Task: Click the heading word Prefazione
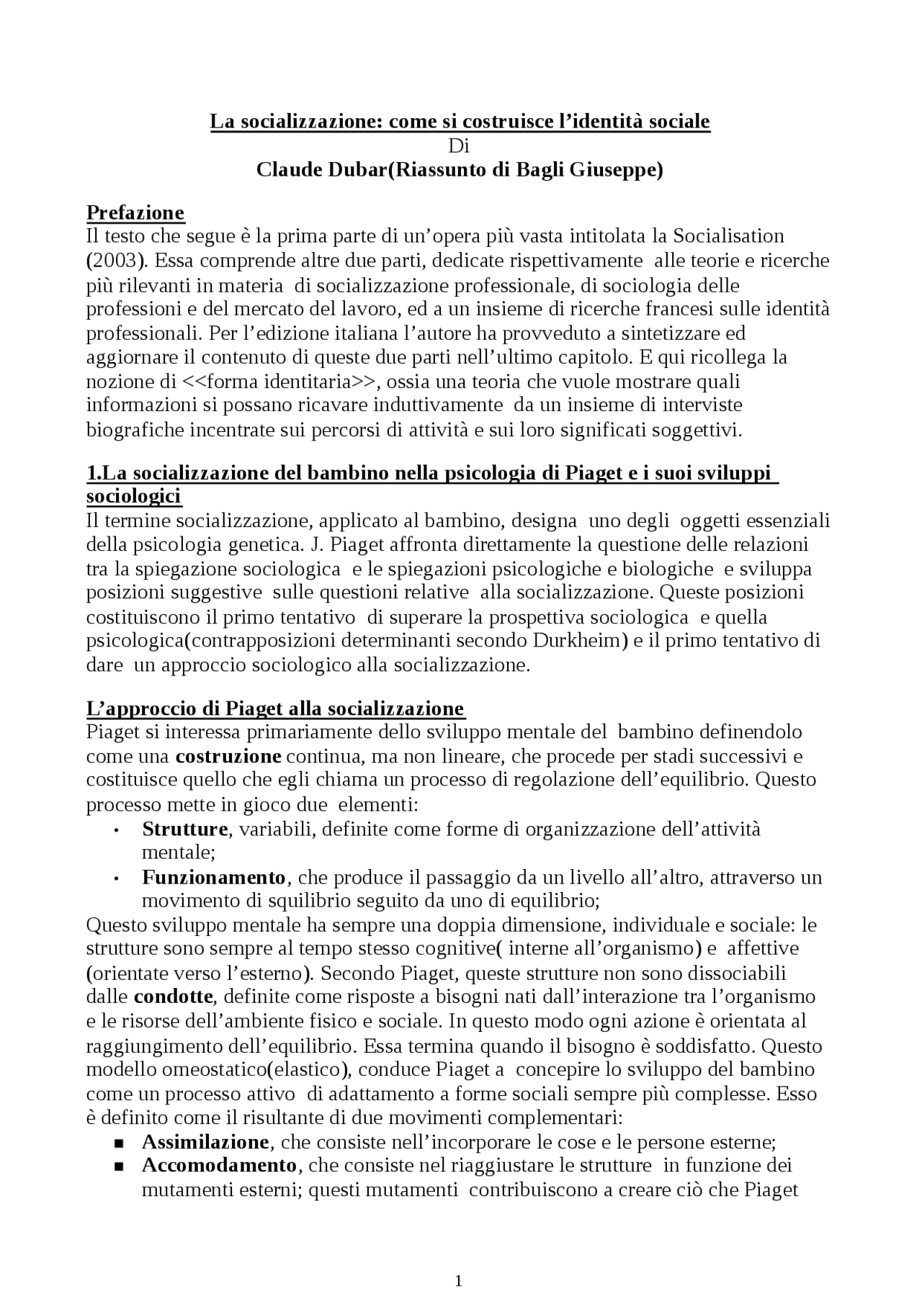tap(135, 212)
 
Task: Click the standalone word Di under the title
tap(459, 146)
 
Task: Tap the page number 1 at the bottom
tap(459, 1280)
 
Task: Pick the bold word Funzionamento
tap(214, 877)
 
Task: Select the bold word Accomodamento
tap(219, 1165)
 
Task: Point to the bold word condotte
tap(174, 997)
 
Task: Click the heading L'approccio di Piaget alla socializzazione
tap(275, 708)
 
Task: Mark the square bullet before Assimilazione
tap(120, 1143)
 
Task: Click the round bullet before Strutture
tap(116, 830)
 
